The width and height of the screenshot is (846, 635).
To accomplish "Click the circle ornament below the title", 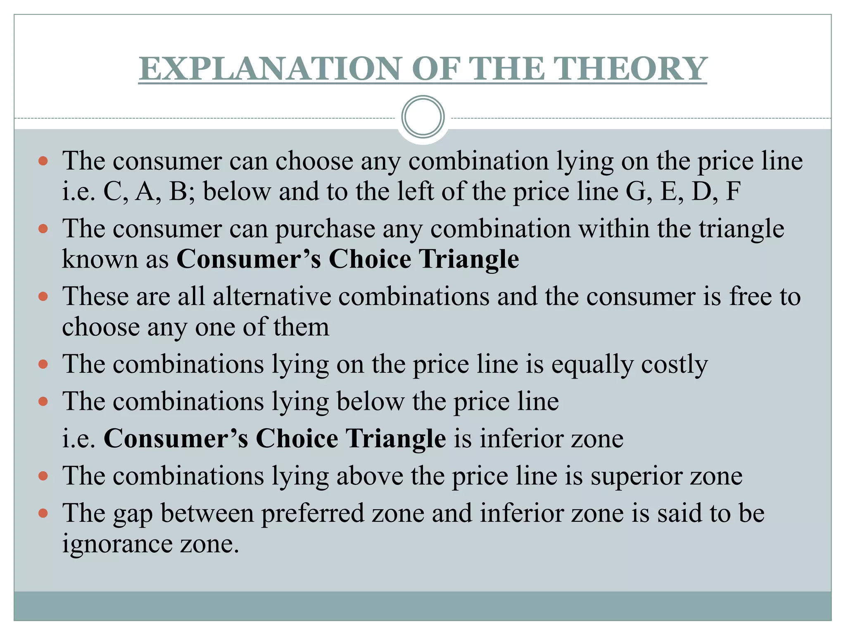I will [x=423, y=117].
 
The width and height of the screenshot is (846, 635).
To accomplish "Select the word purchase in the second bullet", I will [x=325, y=229].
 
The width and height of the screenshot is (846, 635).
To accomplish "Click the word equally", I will [x=592, y=365].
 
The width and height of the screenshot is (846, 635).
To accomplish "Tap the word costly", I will [x=674, y=365].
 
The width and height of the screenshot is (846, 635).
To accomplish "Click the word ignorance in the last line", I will [x=117, y=544].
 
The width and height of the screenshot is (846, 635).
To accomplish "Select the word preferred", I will [x=313, y=513].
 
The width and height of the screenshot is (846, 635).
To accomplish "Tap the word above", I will [x=370, y=476].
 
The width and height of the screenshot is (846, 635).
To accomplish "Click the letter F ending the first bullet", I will [x=733, y=192].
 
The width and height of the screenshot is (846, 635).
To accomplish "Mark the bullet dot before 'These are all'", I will [x=43, y=296].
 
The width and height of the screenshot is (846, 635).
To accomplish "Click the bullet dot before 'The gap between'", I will [x=43, y=513].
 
